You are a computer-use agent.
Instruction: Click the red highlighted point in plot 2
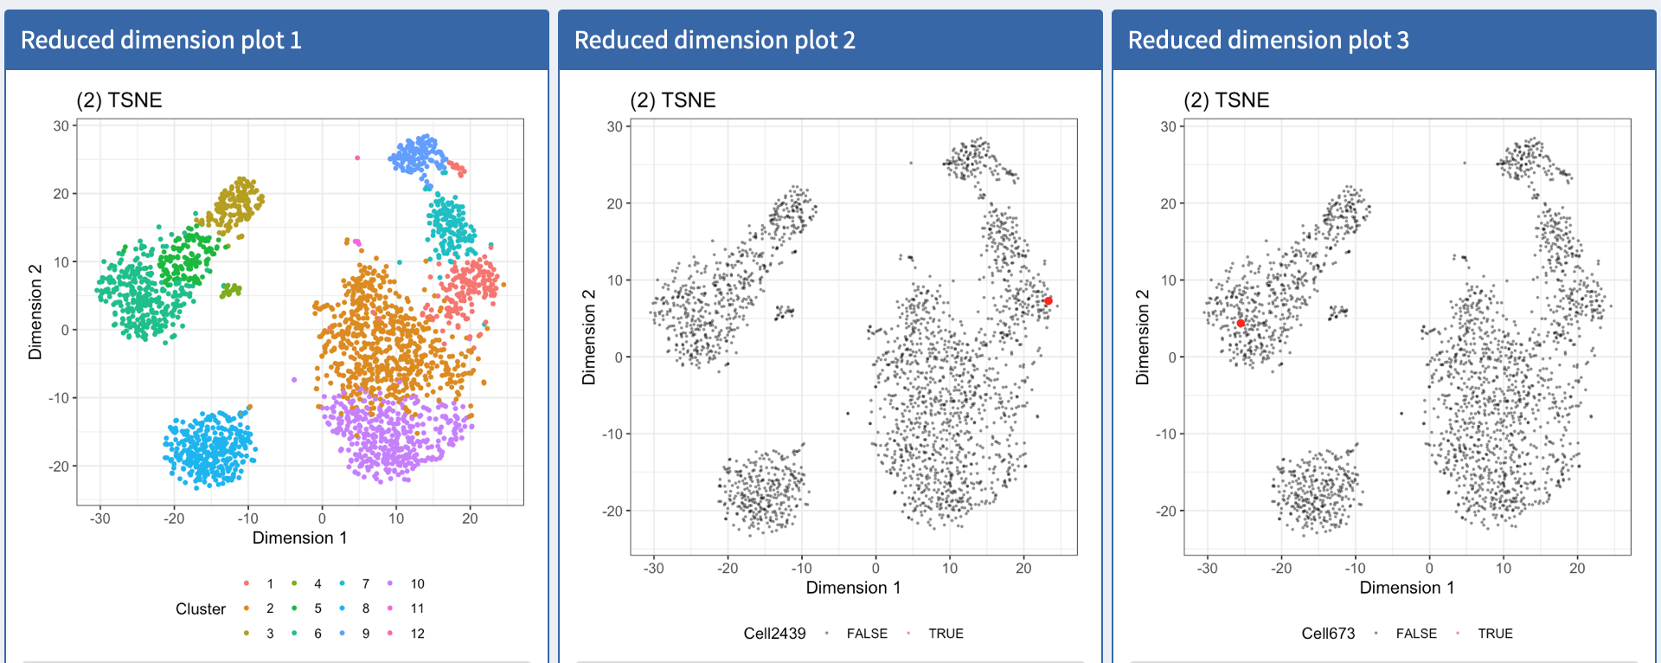(x=1049, y=301)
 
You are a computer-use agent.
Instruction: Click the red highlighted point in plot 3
(x=1241, y=323)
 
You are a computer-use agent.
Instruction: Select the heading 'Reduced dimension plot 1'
(x=161, y=40)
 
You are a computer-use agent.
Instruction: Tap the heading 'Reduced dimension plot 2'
(x=715, y=40)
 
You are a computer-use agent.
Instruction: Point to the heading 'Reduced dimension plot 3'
(x=1268, y=40)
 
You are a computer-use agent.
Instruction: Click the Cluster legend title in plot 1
(x=200, y=608)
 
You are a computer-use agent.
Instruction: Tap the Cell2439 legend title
(x=774, y=634)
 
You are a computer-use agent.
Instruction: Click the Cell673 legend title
(x=1328, y=634)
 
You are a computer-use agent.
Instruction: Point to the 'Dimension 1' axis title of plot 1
(x=299, y=537)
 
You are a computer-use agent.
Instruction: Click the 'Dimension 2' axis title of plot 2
(x=589, y=337)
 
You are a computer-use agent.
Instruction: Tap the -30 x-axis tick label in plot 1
(x=100, y=518)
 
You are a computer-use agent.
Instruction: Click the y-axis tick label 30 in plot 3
(x=1168, y=126)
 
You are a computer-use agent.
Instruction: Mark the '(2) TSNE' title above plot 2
(x=672, y=100)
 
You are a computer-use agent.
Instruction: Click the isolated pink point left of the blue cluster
(x=357, y=158)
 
